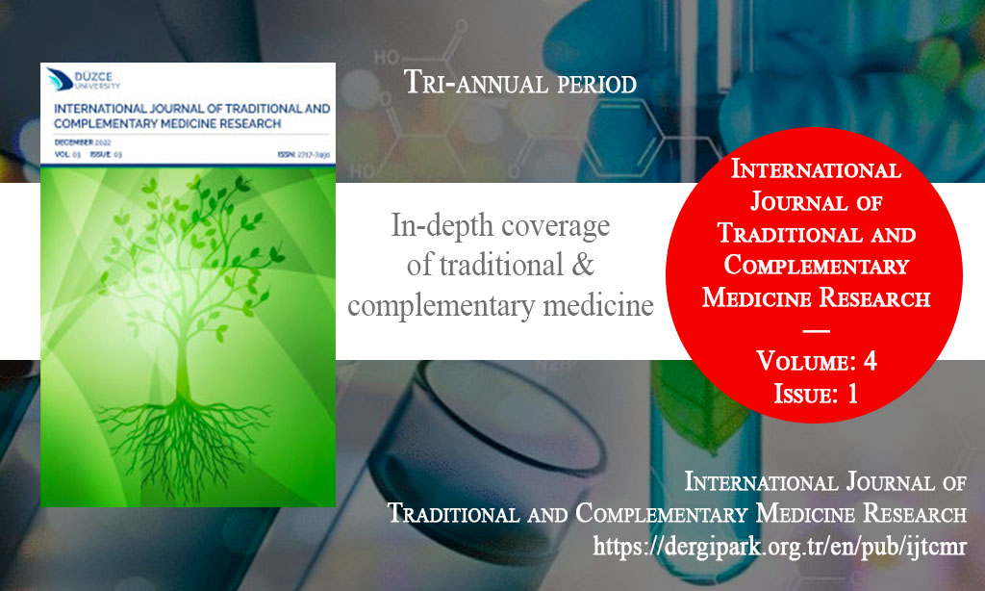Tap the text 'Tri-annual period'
pos(520,84)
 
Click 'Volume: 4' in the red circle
pos(816,363)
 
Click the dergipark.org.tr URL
pos(780,547)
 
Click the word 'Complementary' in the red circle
pos(816,265)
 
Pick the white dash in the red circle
pos(816,330)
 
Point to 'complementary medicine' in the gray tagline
pos(500,306)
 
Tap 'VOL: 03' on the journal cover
pos(68,153)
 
